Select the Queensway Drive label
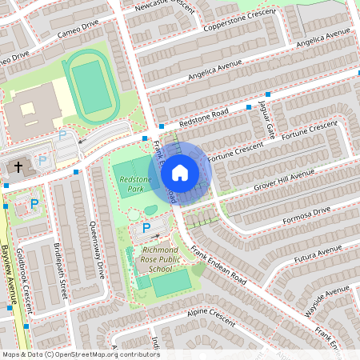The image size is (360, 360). pos(98,248)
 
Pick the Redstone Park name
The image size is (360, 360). pos(134,185)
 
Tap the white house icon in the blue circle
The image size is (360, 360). pos(180,173)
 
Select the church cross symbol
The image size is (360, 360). pos(18,166)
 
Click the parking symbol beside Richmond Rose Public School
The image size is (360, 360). pos(146,229)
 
